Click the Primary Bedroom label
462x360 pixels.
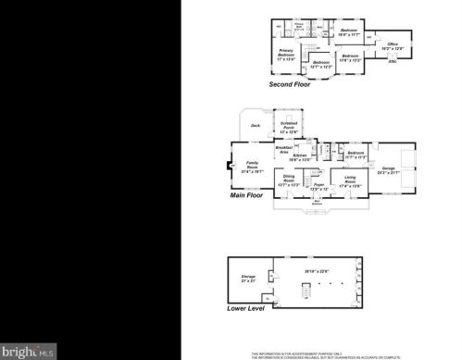285,56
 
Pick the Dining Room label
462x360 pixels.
288,181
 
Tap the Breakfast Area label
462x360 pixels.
284,148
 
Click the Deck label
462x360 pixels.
256,125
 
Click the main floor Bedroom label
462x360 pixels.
354,155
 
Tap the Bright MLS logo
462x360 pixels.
30,351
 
